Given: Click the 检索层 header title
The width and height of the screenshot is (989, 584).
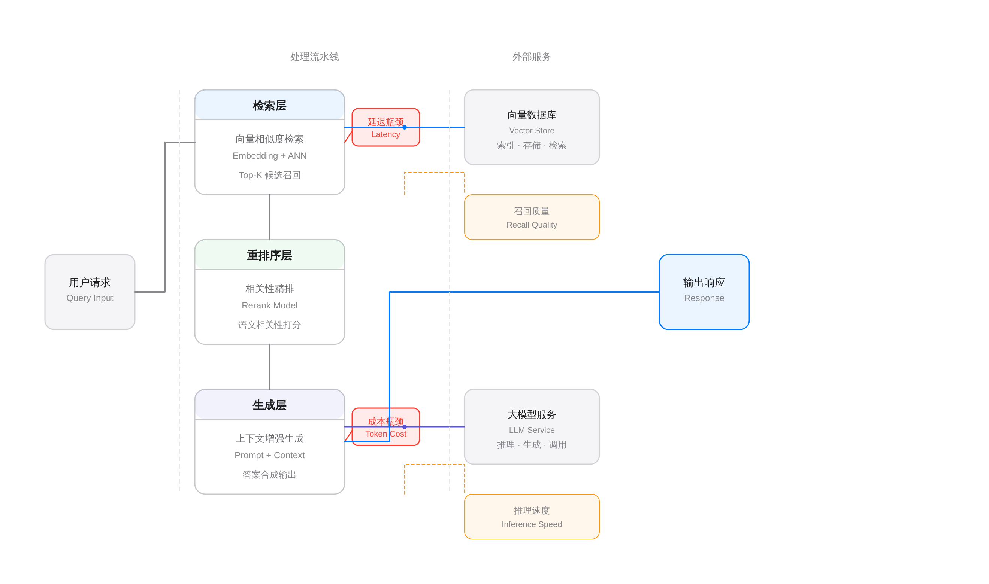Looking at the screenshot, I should coord(269,106).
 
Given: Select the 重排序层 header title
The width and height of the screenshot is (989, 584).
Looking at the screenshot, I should coord(269,255).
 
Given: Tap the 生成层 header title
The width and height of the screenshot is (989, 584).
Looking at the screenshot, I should coord(269,405).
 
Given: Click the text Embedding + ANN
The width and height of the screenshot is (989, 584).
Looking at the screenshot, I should coord(269,156).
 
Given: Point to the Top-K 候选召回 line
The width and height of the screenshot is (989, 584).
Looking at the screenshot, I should coord(269,175).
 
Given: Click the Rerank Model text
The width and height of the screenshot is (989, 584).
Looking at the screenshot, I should coord(269,305).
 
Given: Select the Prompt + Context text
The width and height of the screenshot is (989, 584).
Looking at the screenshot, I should coord(269,455).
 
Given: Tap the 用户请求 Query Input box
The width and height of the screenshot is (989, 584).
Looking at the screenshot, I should coord(90,292).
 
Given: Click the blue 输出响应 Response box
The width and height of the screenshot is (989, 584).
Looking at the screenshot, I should coord(704,292).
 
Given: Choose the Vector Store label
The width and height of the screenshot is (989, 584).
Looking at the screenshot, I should coord(532,131).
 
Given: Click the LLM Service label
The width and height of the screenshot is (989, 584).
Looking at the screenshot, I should coord(532,430).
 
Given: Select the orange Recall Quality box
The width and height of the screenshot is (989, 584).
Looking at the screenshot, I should coord(532,217).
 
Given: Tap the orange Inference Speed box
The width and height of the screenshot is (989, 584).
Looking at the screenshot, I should coord(532,517).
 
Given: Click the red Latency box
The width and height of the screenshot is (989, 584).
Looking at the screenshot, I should coord(385,136).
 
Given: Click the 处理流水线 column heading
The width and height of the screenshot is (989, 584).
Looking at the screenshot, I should coord(314,57).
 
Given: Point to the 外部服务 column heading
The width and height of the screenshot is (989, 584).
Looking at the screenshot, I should coord(532,57).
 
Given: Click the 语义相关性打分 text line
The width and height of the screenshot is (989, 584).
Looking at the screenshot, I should coord(269,325).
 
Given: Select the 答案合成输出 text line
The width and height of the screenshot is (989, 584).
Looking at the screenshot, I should coord(269,475).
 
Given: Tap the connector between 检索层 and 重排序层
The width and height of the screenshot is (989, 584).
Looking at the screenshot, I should coord(270,217).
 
